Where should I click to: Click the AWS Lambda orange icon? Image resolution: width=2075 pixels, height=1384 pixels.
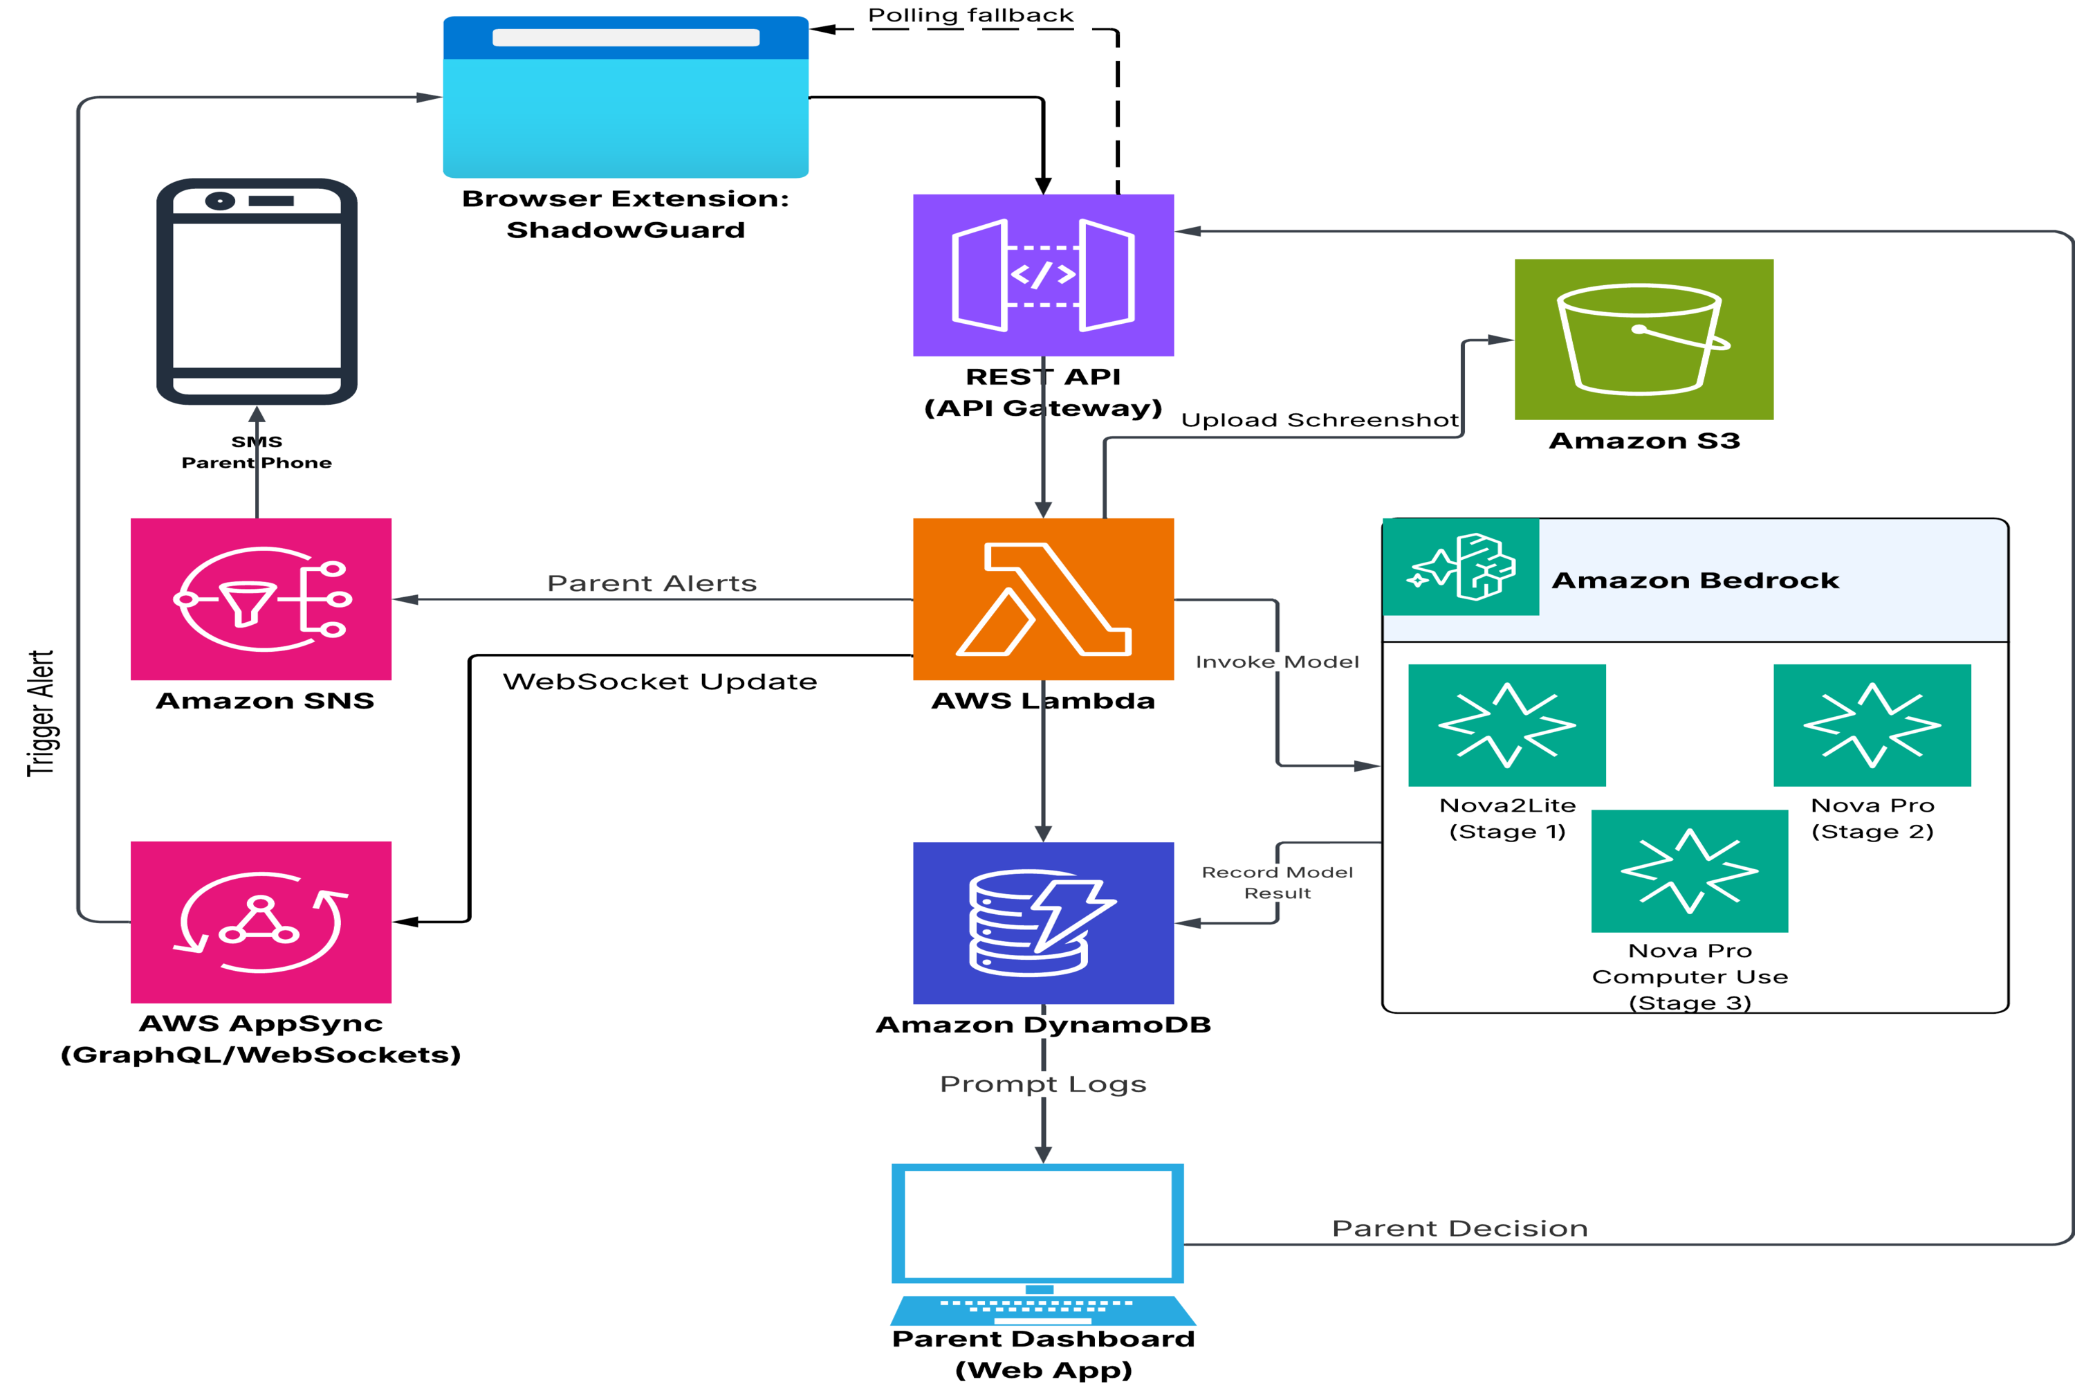point(1043,599)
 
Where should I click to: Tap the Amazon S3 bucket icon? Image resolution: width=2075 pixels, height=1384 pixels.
point(1643,339)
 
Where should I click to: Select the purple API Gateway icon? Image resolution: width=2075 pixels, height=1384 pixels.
point(1043,275)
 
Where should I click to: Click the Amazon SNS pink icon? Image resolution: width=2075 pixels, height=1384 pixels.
point(261,599)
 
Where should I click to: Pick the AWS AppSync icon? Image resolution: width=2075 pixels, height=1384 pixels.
point(261,922)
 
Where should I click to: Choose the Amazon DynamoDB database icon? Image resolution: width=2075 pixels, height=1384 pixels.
point(1043,922)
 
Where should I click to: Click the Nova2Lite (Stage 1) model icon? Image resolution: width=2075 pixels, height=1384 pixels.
point(1507,725)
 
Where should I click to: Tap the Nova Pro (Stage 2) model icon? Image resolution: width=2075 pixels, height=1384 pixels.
point(1872,725)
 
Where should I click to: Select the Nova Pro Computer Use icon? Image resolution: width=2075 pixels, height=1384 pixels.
point(1690,871)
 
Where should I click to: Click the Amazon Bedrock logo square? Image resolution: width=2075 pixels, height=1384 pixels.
point(1461,567)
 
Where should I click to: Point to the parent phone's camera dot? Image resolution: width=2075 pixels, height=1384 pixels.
point(220,201)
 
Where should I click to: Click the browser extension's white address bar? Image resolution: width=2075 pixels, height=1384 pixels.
point(625,37)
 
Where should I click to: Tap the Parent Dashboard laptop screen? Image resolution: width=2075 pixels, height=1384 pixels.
point(1037,1223)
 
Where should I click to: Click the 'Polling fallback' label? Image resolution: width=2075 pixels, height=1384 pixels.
point(970,15)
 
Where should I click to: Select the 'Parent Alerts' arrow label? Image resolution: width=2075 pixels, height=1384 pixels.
point(652,583)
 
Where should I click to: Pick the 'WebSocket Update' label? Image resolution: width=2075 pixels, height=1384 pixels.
point(660,682)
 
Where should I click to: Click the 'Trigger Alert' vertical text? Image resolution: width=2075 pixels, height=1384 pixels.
point(41,713)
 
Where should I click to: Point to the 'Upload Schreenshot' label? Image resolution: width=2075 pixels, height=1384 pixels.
point(1320,420)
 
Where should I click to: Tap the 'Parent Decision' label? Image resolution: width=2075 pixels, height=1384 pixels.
point(1460,1229)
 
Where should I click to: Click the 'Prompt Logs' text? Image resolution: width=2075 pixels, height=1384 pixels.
point(1043,1084)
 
